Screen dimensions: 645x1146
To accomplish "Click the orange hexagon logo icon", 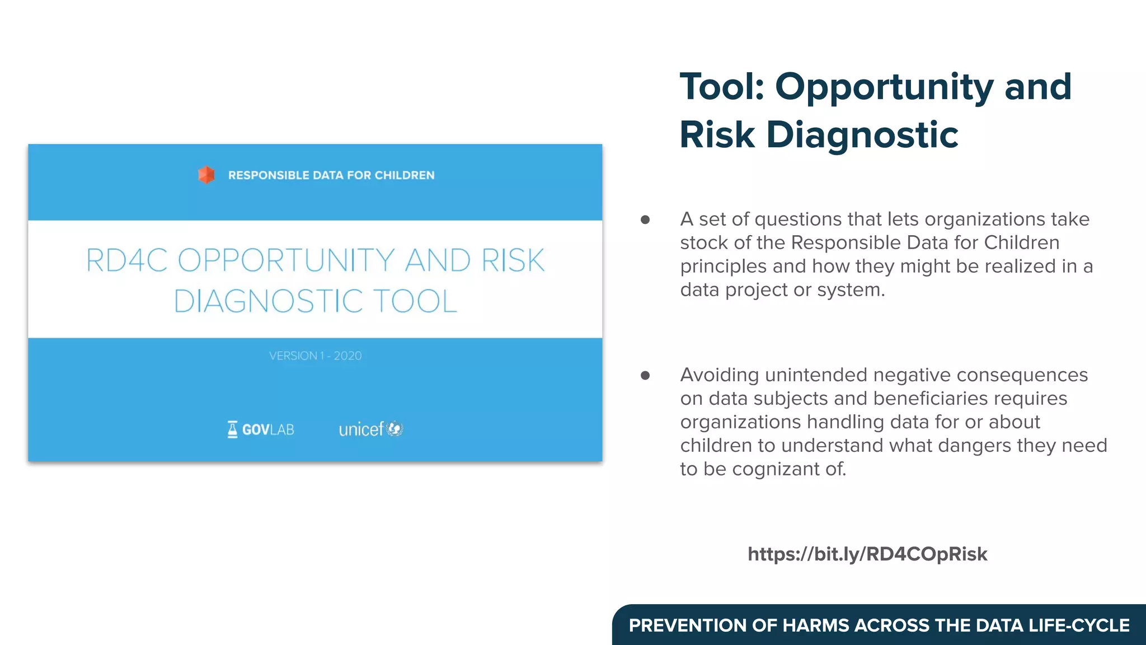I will [206, 175].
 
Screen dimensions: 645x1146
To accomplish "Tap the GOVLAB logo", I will [261, 429].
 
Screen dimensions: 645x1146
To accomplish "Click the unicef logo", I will [370, 429].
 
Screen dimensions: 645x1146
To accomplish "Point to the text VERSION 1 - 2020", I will [315, 356].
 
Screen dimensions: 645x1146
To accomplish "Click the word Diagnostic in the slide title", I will [862, 135].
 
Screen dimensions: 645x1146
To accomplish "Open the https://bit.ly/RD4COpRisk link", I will [867, 554].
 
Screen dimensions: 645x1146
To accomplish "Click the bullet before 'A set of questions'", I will [645, 220].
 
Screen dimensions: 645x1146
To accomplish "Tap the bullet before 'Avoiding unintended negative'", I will [645, 376].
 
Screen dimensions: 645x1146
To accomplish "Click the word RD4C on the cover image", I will [126, 261].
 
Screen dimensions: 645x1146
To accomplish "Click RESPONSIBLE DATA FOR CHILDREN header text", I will [331, 175].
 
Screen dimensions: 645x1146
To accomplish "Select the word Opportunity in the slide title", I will [884, 87].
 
